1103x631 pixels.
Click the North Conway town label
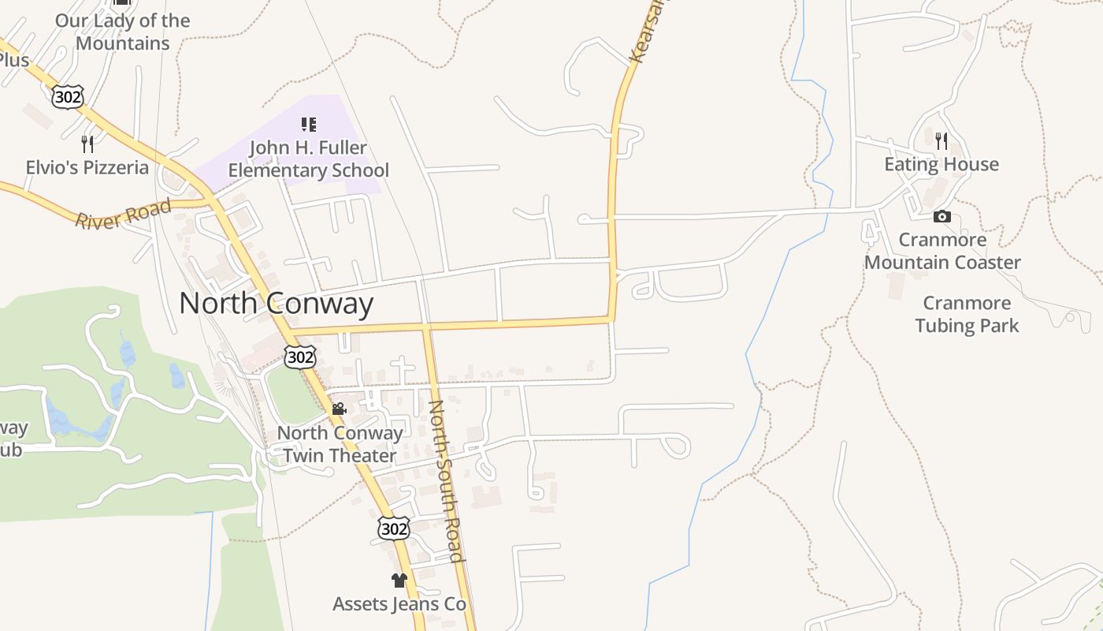click(276, 304)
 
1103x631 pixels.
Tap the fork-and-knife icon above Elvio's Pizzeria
click(87, 144)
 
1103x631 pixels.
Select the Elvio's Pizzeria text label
click(87, 167)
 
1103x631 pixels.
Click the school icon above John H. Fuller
click(308, 124)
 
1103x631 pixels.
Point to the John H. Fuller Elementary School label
click(308, 159)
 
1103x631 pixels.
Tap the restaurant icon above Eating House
click(941, 141)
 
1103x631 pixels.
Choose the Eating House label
click(941, 164)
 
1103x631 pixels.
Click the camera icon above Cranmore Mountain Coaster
click(942, 216)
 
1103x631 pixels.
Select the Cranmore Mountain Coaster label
click(942, 251)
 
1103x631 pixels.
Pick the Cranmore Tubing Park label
click(967, 314)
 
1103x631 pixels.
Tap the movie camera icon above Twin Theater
click(339, 409)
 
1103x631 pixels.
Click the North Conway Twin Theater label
click(340, 444)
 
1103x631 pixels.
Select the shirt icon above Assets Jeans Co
click(399, 581)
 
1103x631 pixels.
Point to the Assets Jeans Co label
click(399, 604)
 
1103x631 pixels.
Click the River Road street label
click(123, 214)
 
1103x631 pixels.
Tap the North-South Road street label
click(444, 480)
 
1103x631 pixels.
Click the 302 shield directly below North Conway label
click(300, 357)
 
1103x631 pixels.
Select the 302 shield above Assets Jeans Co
click(393, 528)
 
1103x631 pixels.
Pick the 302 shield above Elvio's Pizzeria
click(67, 97)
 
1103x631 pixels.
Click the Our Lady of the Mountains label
click(122, 32)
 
